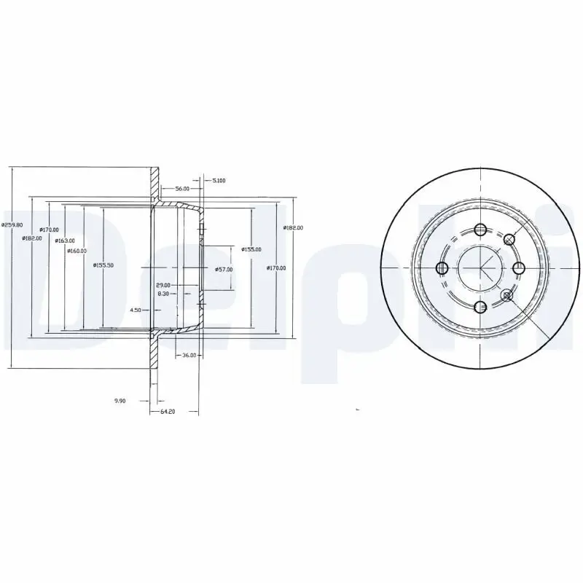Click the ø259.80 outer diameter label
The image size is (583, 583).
[12, 225]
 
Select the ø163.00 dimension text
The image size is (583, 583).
[66, 240]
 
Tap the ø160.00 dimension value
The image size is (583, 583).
[77, 251]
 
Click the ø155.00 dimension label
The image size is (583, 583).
[252, 249]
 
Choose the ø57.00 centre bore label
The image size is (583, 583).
[224, 270]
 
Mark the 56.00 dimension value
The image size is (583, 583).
[171, 188]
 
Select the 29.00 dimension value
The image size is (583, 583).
[163, 285]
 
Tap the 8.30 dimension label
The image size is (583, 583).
[164, 294]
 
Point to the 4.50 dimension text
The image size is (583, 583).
[136, 310]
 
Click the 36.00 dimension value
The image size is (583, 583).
[188, 356]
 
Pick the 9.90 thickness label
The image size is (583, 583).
[120, 400]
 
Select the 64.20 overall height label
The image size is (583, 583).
[167, 412]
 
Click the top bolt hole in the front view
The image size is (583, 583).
[480, 230]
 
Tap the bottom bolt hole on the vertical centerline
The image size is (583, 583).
[480, 307]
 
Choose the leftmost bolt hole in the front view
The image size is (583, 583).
[442, 268]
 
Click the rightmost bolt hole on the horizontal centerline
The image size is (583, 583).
[518, 268]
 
